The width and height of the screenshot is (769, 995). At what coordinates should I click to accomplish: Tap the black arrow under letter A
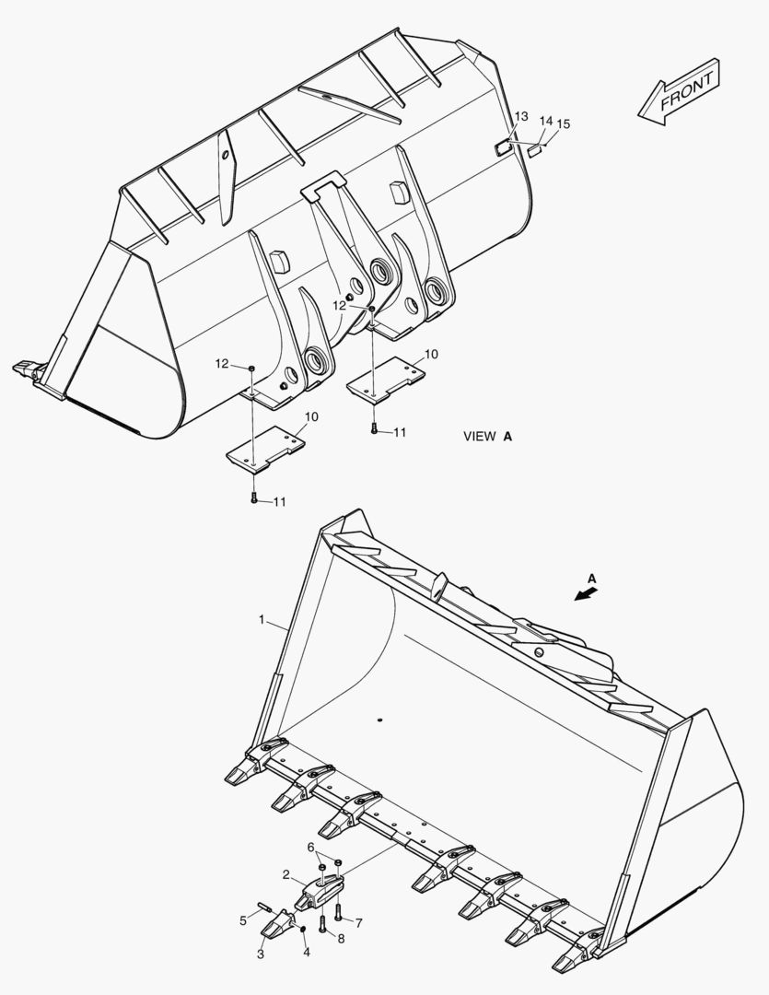tap(583, 594)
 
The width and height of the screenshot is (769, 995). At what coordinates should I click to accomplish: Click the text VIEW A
tap(487, 437)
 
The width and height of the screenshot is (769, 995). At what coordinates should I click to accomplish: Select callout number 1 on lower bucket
tap(262, 622)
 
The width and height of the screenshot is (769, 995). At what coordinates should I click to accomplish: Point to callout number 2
tap(286, 874)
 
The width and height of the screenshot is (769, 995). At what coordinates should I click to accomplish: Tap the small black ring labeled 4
tap(303, 928)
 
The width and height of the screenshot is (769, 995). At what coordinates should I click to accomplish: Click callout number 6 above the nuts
tap(310, 846)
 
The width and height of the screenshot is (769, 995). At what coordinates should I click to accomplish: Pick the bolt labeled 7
tap(338, 912)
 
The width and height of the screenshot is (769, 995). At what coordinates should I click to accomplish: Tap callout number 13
tap(521, 116)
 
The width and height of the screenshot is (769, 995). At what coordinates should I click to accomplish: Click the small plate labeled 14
tap(534, 149)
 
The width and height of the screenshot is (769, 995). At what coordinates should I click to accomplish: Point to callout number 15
tap(564, 124)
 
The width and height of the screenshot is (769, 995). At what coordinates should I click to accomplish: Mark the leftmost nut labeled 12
tap(251, 368)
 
